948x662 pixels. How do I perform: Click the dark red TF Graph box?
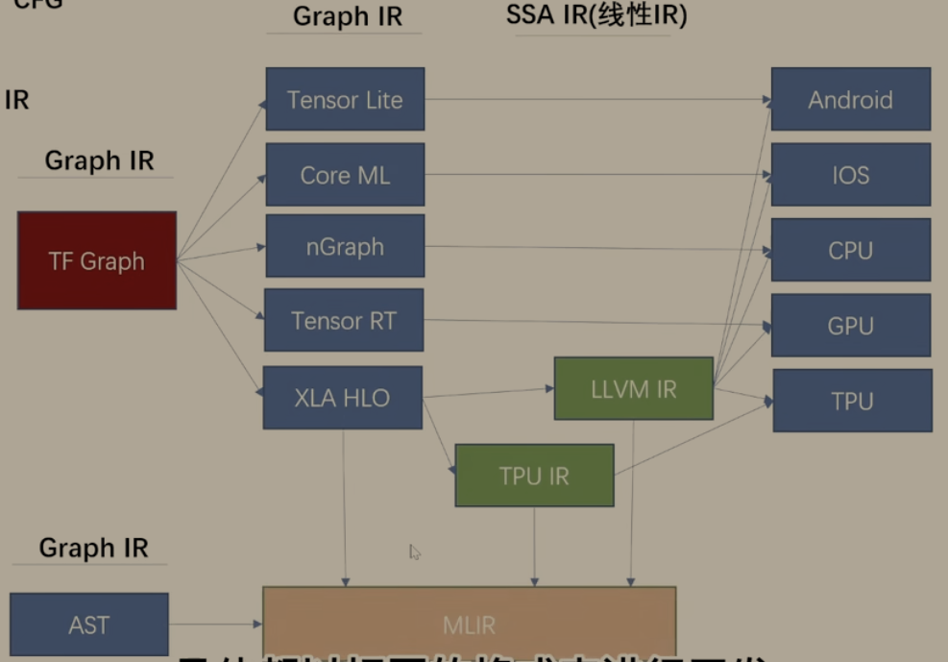(x=96, y=260)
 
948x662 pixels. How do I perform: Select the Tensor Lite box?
(x=345, y=99)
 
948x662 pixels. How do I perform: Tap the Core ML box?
(x=345, y=175)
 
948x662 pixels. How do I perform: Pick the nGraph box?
(x=345, y=246)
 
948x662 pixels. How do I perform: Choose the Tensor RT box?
(x=343, y=320)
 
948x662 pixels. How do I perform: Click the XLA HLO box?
(x=342, y=397)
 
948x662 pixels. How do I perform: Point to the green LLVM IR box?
(x=633, y=388)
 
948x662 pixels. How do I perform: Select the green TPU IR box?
(x=534, y=475)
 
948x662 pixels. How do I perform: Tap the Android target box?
(x=850, y=99)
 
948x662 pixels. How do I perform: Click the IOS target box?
(x=850, y=175)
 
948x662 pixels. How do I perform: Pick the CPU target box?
(x=850, y=250)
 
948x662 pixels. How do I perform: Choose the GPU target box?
(x=850, y=325)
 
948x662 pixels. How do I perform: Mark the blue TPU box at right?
(x=852, y=400)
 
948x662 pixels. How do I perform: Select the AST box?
(x=88, y=625)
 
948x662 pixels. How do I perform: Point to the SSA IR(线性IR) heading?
(x=596, y=15)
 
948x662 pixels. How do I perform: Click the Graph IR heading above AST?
(x=93, y=548)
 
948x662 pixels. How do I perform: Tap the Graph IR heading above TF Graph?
(x=99, y=160)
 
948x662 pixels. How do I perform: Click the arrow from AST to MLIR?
(x=216, y=625)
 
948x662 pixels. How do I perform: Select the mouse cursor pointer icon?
(x=414, y=552)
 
